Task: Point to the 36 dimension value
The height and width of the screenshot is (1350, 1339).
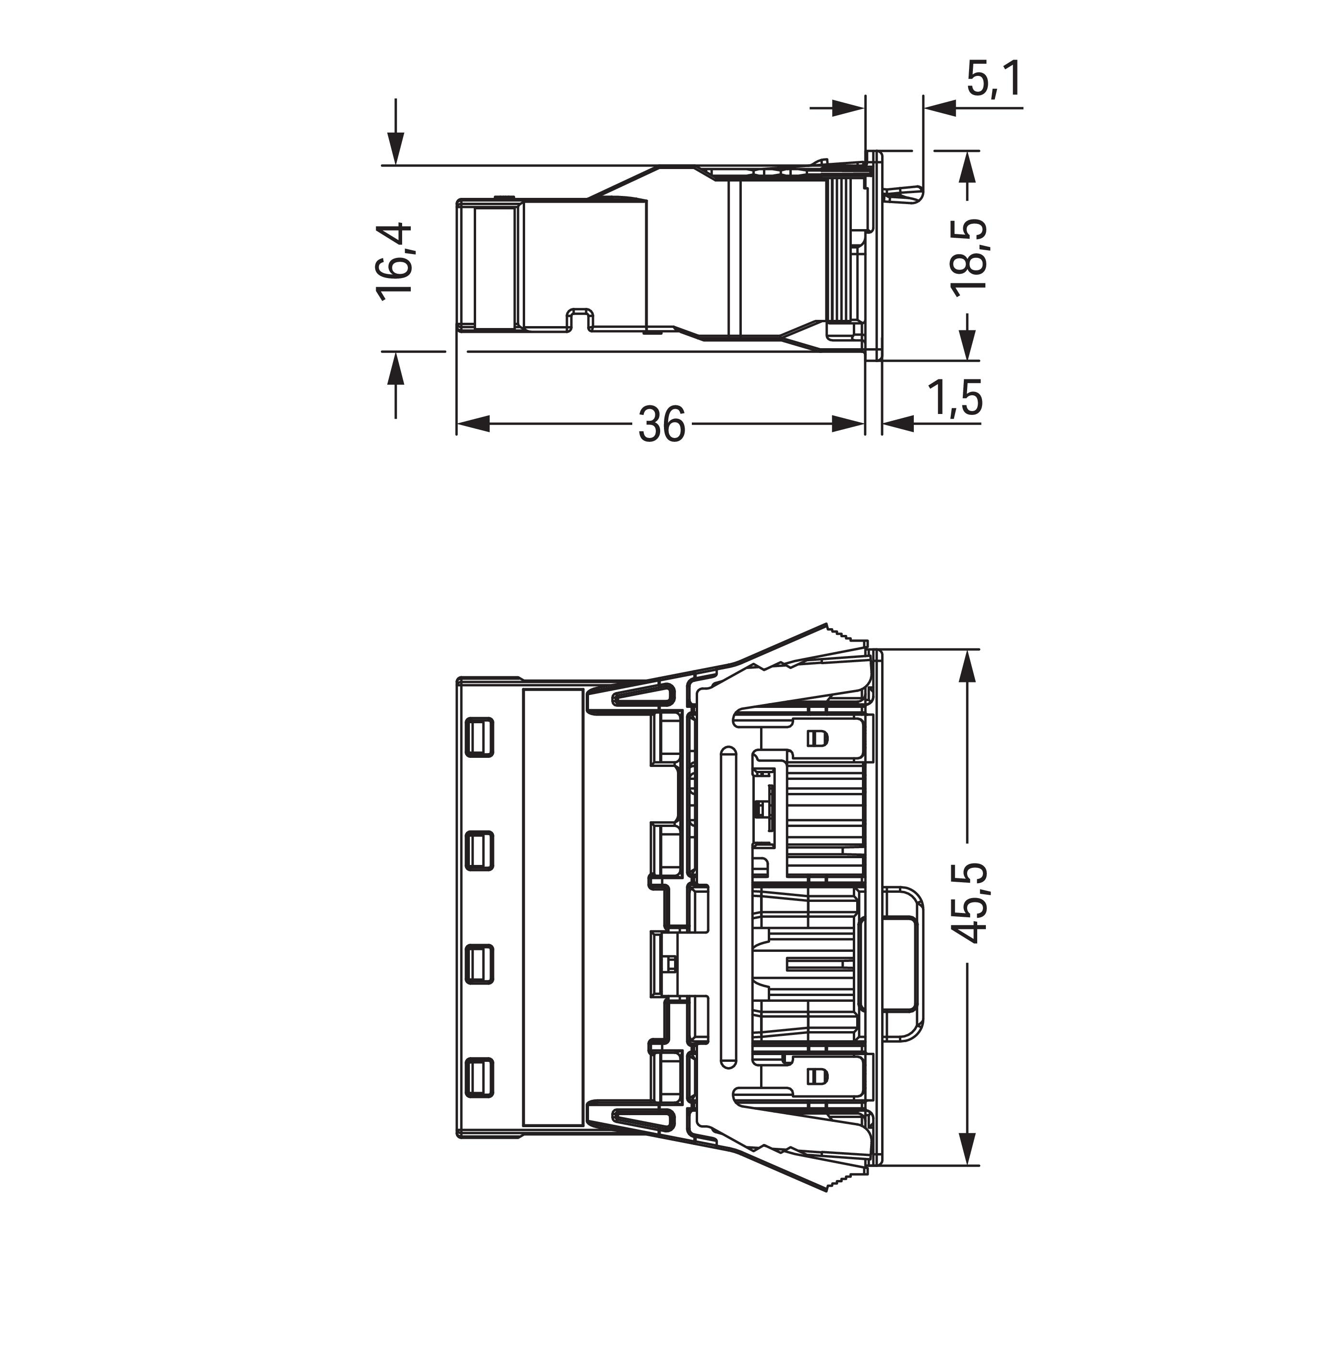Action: point(661,424)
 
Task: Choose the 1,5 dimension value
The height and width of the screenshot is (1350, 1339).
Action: point(955,398)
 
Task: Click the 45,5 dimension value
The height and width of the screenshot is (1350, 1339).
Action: point(970,903)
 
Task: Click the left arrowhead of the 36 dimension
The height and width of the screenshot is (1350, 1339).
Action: point(472,424)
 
